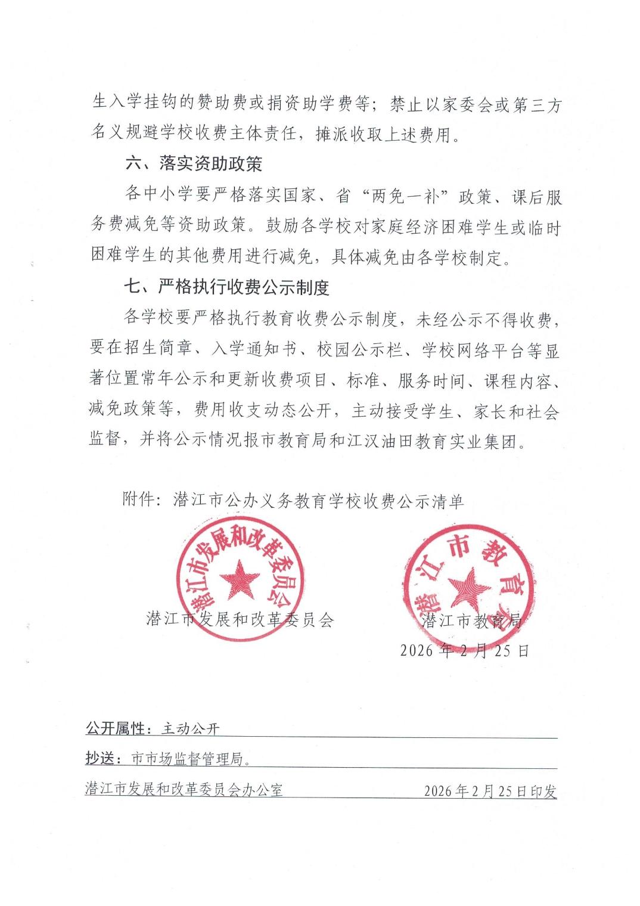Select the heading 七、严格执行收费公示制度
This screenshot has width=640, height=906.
[x=226, y=288]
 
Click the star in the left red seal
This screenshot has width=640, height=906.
[x=239, y=579]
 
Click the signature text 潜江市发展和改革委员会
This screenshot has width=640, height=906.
[x=240, y=620]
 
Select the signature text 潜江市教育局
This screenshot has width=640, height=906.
[x=471, y=621]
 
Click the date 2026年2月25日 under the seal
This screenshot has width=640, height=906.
[x=464, y=650]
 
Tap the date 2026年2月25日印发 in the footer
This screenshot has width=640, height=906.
[x=490, y=791]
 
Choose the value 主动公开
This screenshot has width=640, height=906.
[x=191, y=728]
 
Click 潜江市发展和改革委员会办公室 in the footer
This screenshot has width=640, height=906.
[x=184, y=790]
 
